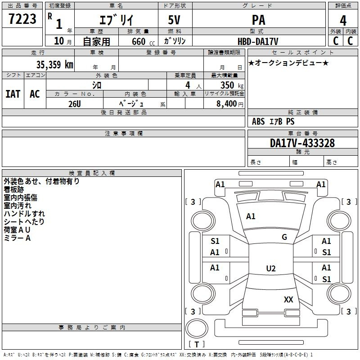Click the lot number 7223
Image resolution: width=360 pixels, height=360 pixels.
(22, 20)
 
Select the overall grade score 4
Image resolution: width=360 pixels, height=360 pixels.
(343, 20)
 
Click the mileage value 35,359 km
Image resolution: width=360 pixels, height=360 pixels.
(54, 65)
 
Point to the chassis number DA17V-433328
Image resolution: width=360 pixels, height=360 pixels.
(302, 143)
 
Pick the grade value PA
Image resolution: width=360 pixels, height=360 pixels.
(258, 20)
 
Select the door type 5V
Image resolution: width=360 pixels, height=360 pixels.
(175, 20)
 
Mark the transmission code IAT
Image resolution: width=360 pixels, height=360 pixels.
(13, 94)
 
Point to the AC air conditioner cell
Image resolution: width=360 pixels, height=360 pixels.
(35, 94)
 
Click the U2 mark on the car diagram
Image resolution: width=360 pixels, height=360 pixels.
(270, 269)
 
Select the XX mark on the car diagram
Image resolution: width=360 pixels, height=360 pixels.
(288, 299)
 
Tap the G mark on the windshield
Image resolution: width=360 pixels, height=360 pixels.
(284, 237)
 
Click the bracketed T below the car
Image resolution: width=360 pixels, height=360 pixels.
(197, 344)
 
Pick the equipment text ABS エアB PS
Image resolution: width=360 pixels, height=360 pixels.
(273, 121)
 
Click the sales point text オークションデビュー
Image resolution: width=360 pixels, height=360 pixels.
(288, 63)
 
